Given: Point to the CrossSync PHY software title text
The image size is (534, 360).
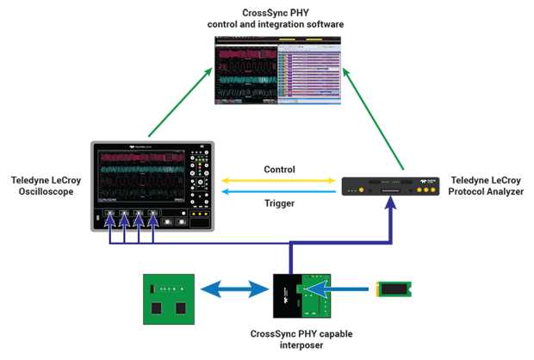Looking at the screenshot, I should click(x=276, y=17).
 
